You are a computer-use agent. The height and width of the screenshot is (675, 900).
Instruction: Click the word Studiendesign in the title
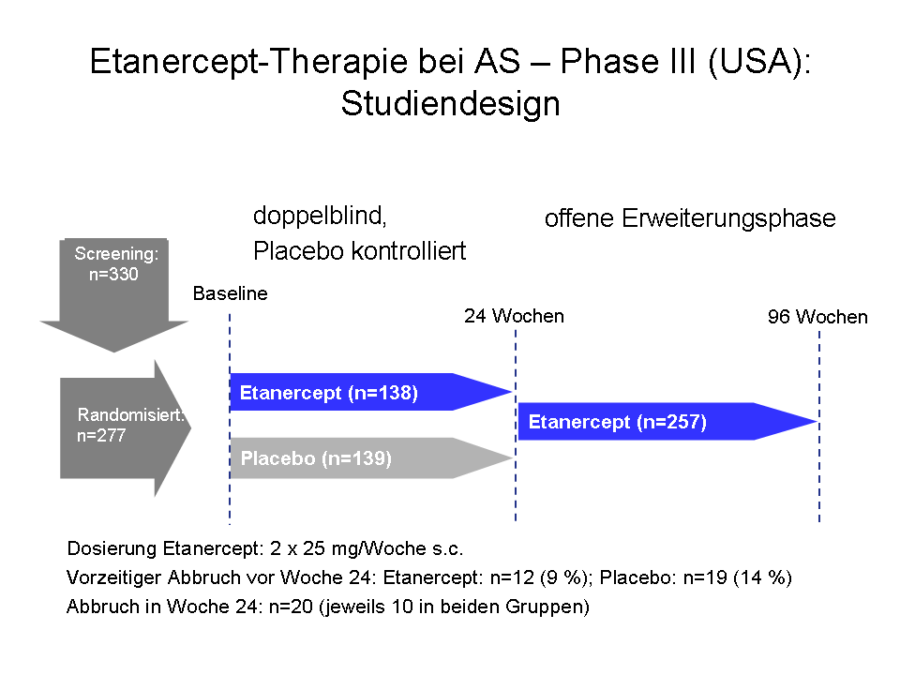tap(451, 104)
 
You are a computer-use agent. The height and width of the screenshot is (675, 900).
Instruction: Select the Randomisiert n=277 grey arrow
tap(126, 427)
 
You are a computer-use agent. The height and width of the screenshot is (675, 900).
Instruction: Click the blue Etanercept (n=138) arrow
tap(371, 392)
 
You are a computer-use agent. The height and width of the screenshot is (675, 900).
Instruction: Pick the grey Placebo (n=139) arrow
tap(371, 458)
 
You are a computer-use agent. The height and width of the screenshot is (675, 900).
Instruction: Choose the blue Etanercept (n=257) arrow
tap(667, 421)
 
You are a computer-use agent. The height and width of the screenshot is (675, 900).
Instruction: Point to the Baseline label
tap(231, 293)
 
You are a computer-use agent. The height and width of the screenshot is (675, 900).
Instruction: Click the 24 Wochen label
tap(515, 316)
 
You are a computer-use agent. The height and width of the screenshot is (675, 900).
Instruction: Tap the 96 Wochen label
tap(817, 316)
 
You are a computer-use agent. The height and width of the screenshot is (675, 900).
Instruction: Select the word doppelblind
tap(321, 217)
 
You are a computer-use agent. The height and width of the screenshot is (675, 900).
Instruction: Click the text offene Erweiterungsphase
tap(690, 218)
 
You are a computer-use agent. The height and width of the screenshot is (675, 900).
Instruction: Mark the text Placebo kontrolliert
tap(359, 251)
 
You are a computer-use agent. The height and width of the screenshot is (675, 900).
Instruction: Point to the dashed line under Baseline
tap(230, 419)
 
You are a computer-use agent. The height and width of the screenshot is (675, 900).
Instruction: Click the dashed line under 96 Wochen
tap(819, 427)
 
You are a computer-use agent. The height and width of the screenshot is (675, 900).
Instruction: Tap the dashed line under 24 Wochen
tap(516, 426)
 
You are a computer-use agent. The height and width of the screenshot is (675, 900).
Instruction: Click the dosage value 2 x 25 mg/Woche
tap(348, 548)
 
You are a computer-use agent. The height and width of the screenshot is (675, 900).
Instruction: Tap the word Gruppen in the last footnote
tap(547, 607)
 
